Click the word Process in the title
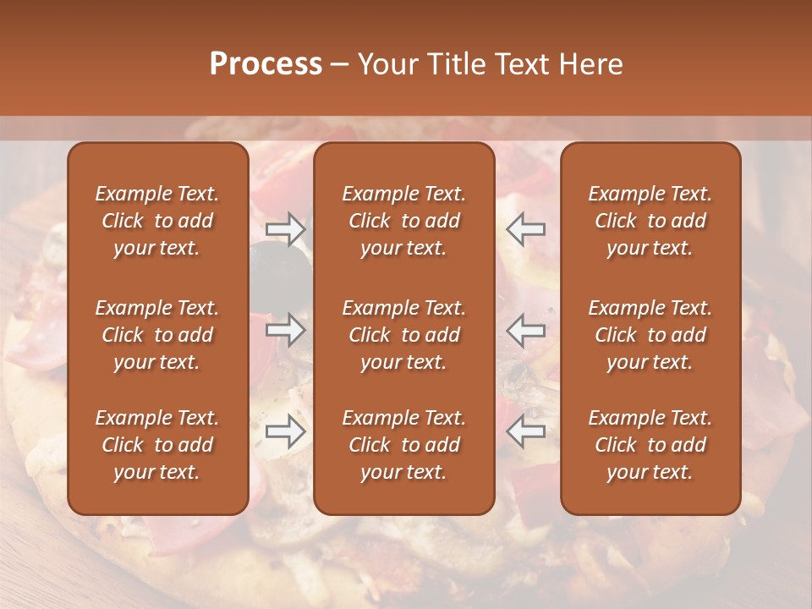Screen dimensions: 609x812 266,64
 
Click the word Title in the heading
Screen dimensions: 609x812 453,64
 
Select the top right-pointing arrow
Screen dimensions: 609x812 285,229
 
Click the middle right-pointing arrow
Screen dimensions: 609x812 285,330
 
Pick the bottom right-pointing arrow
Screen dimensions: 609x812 285,432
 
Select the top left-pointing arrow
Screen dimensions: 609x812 526,229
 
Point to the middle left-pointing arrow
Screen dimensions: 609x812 526,330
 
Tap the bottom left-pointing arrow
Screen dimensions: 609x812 526,432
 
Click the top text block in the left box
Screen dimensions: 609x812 157,221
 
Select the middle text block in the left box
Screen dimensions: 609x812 157,335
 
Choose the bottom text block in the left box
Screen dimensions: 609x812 157,445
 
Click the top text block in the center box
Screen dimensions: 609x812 404,221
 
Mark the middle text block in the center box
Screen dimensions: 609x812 404,335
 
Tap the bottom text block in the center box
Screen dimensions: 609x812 404,445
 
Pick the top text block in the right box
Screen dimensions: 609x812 650,221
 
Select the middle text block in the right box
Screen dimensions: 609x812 650,335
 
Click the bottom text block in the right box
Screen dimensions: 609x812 650,445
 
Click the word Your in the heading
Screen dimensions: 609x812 388,64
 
